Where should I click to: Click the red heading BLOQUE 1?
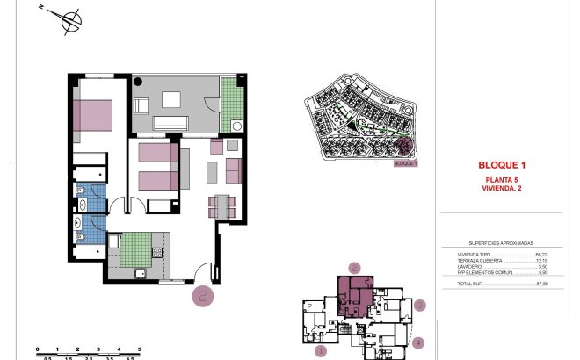coord(501,165)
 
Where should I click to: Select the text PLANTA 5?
coord(501,179)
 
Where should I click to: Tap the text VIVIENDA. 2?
coord(501,187)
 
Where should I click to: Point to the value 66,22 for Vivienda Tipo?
coord(541,254)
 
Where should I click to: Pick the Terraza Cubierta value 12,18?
coord(541,261)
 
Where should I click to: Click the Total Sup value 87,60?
coord(541,283)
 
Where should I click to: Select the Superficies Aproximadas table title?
coord(502,243)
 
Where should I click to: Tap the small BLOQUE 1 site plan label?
coord(405,163)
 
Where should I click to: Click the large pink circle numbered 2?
coord(204,296)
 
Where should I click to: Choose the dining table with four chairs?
coord(221,205)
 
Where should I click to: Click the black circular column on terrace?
coord(138,82)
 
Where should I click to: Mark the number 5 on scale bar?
coord(127,350)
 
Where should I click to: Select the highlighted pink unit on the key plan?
coord(356,294)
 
